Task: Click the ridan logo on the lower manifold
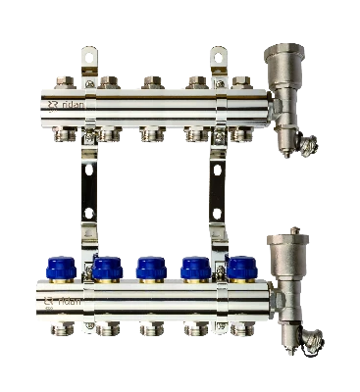60,298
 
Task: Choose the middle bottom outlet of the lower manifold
149,328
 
